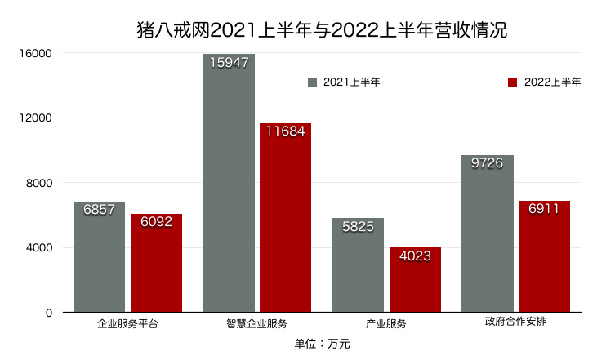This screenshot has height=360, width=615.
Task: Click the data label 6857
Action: (x=99, y=210)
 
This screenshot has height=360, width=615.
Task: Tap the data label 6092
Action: (x=156, y=222)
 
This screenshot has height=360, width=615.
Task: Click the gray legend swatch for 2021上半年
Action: (x=312, y=82)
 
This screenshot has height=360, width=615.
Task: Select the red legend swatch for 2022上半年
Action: (x=513, y=82)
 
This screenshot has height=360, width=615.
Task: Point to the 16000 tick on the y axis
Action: (x=36, y=54)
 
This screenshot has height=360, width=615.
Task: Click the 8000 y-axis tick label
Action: (x=38, y=183)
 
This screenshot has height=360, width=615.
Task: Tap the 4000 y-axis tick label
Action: (x=38, y=248)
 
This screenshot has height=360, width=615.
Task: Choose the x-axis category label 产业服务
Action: (x=386, y=323)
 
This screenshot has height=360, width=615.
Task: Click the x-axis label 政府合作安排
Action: (x=515, y=322)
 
